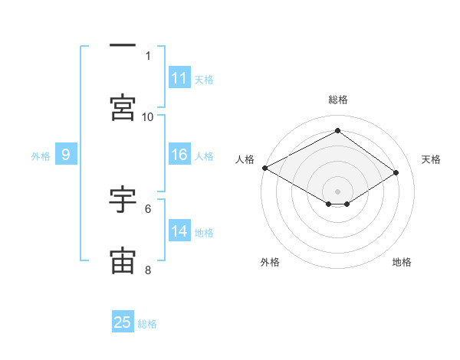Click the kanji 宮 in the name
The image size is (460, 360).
click(123, 107)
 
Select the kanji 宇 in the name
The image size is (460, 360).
click(123, 199)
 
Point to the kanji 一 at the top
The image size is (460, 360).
click(123, 45)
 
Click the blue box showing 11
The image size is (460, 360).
click(179, 77)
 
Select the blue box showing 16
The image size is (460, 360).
click(179, 154)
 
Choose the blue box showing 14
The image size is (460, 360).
click(179, 230)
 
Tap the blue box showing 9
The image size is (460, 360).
click(66, 154)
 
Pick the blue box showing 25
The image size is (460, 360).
click(123, 321)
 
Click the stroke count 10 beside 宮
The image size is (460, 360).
click(147, 117)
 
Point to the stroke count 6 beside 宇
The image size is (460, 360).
click(148, 209)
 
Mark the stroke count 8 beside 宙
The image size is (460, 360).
click(148, 270)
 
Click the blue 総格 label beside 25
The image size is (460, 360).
click(147, 324)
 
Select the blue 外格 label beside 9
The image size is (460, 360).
click(41, 156)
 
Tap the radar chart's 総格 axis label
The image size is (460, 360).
click(338, 100)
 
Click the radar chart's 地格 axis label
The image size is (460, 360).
click(402, 262)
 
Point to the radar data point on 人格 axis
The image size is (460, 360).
click(265, 168)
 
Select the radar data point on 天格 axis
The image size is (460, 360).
click(396, 172)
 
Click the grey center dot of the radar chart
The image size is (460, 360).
click(337, 191)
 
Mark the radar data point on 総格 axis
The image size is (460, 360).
click(337, 130)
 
